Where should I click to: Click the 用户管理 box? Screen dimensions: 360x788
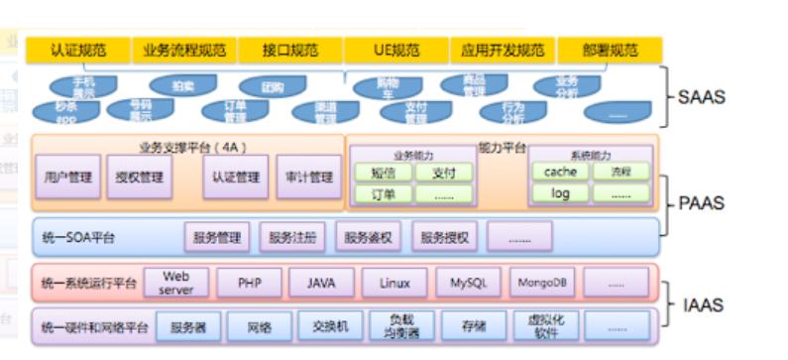point(68,178)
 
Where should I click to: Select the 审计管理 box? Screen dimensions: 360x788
point(307,178)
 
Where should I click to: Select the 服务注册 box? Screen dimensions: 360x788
point(291,238)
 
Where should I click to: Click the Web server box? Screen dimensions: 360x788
point(175,283)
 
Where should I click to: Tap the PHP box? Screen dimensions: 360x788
point(248,283)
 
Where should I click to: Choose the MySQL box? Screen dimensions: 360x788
point(468,283)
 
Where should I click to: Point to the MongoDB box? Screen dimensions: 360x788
point(541,283)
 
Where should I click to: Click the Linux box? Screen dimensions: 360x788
point(394,283)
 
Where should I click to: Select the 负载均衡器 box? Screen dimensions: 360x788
point(394,326)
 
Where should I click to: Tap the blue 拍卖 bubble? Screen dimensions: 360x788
point(182,86)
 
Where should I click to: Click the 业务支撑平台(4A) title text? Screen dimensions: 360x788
point(187,147)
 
